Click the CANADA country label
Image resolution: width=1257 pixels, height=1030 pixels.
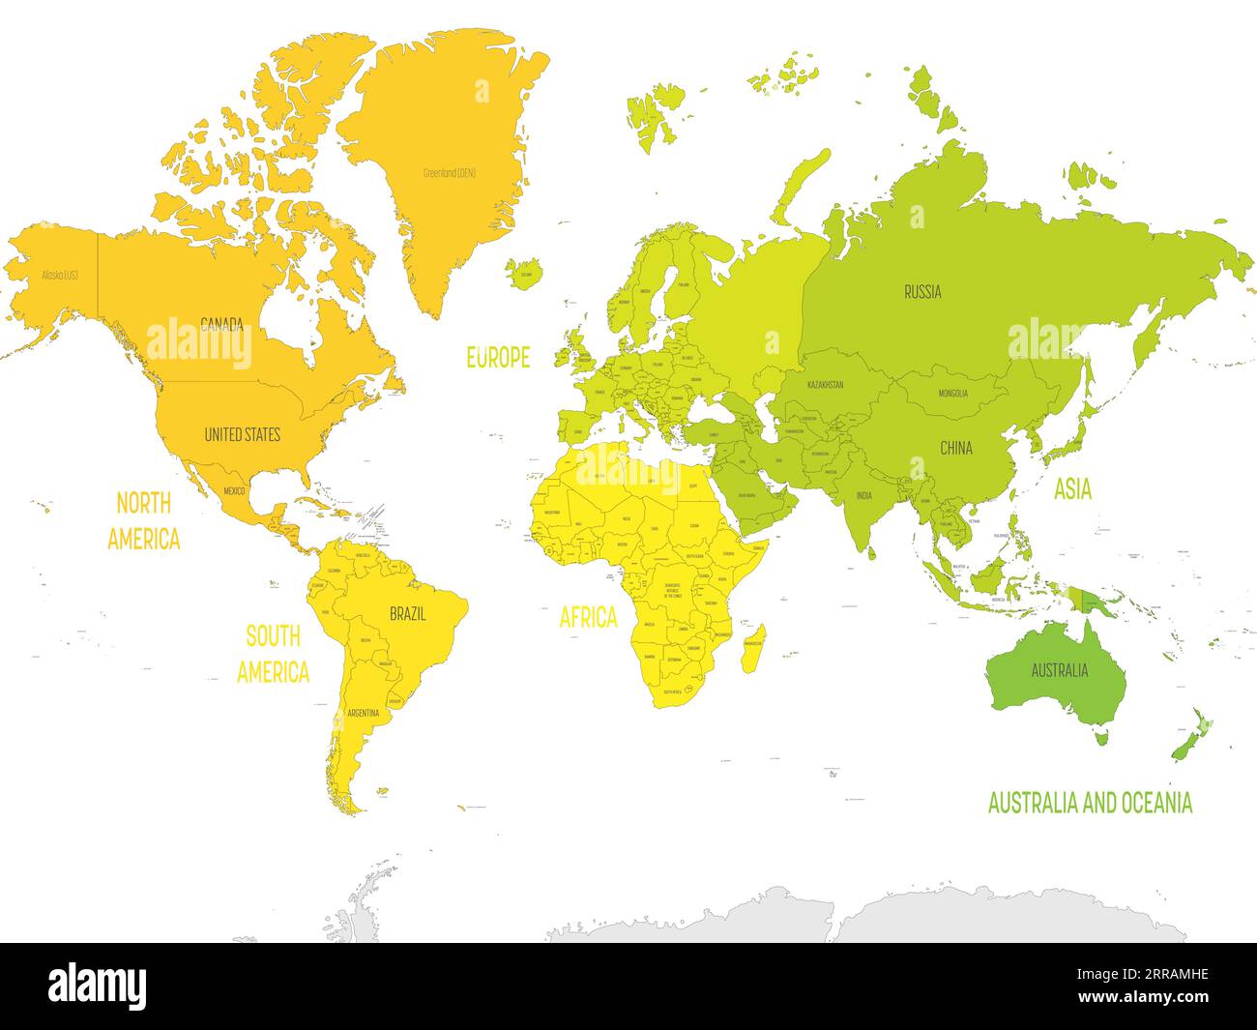click(221, 323)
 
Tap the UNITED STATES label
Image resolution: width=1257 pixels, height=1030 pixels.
click(242, 435)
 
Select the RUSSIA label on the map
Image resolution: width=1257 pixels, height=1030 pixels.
click(922, 291)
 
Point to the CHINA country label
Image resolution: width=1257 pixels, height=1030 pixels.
click(956, 449)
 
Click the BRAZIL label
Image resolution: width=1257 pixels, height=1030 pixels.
click(407, 613)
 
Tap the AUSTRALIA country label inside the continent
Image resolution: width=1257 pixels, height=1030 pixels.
click(1059, 670)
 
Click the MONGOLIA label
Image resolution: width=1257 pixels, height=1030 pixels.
click(952, 394)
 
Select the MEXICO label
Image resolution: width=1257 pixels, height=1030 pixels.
click(235, 491)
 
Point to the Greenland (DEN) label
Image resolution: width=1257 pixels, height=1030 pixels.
click(450, 173)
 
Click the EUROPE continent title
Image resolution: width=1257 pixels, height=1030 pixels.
click(498, 358)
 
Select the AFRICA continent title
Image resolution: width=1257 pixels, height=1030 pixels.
click(588, 617)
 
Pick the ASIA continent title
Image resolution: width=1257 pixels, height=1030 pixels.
click(1072, 490)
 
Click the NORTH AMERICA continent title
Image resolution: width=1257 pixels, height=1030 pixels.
click(143, 521)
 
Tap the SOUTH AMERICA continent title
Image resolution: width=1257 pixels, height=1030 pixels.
click(273, 654)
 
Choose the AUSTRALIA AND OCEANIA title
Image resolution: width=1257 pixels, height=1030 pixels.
click(1090, 803)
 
